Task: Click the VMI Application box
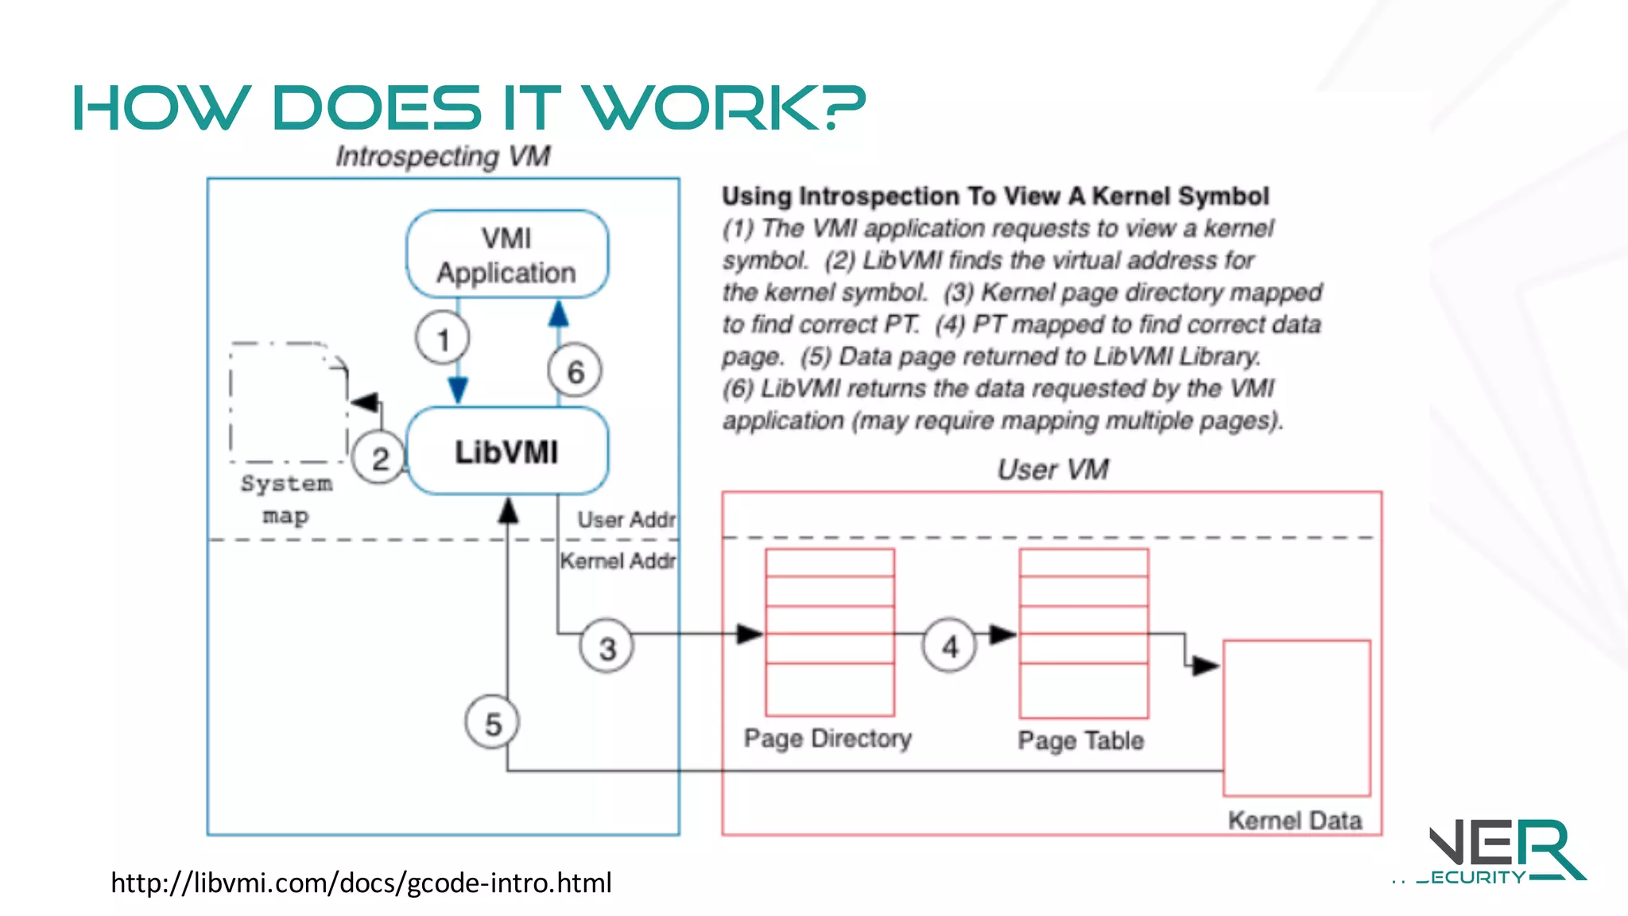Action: (x=507, y=254)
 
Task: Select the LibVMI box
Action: (x=507, y=452)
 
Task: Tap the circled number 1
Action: (x=443, y=339)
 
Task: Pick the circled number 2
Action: (x=380, y=458)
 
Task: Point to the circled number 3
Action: (x=607, y=647)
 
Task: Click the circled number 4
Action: (x=949, y=646)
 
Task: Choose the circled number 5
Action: (x=493, y=723)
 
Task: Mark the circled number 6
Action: (x=576, y=371)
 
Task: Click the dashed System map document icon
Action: (x=289, y=402)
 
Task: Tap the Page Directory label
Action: (x=828, y=739)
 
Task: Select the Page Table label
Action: (x=1081, y=740)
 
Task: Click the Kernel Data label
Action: (x=1295, y=820)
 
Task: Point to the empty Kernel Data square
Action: (x=1297, y=717)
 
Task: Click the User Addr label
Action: (x=626, y=520)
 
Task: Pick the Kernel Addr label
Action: (x=618, y=561)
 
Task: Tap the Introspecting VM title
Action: (x=443, y=156)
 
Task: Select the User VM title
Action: (x=1052, y=469)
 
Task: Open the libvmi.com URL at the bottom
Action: (x=361, y=883)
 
